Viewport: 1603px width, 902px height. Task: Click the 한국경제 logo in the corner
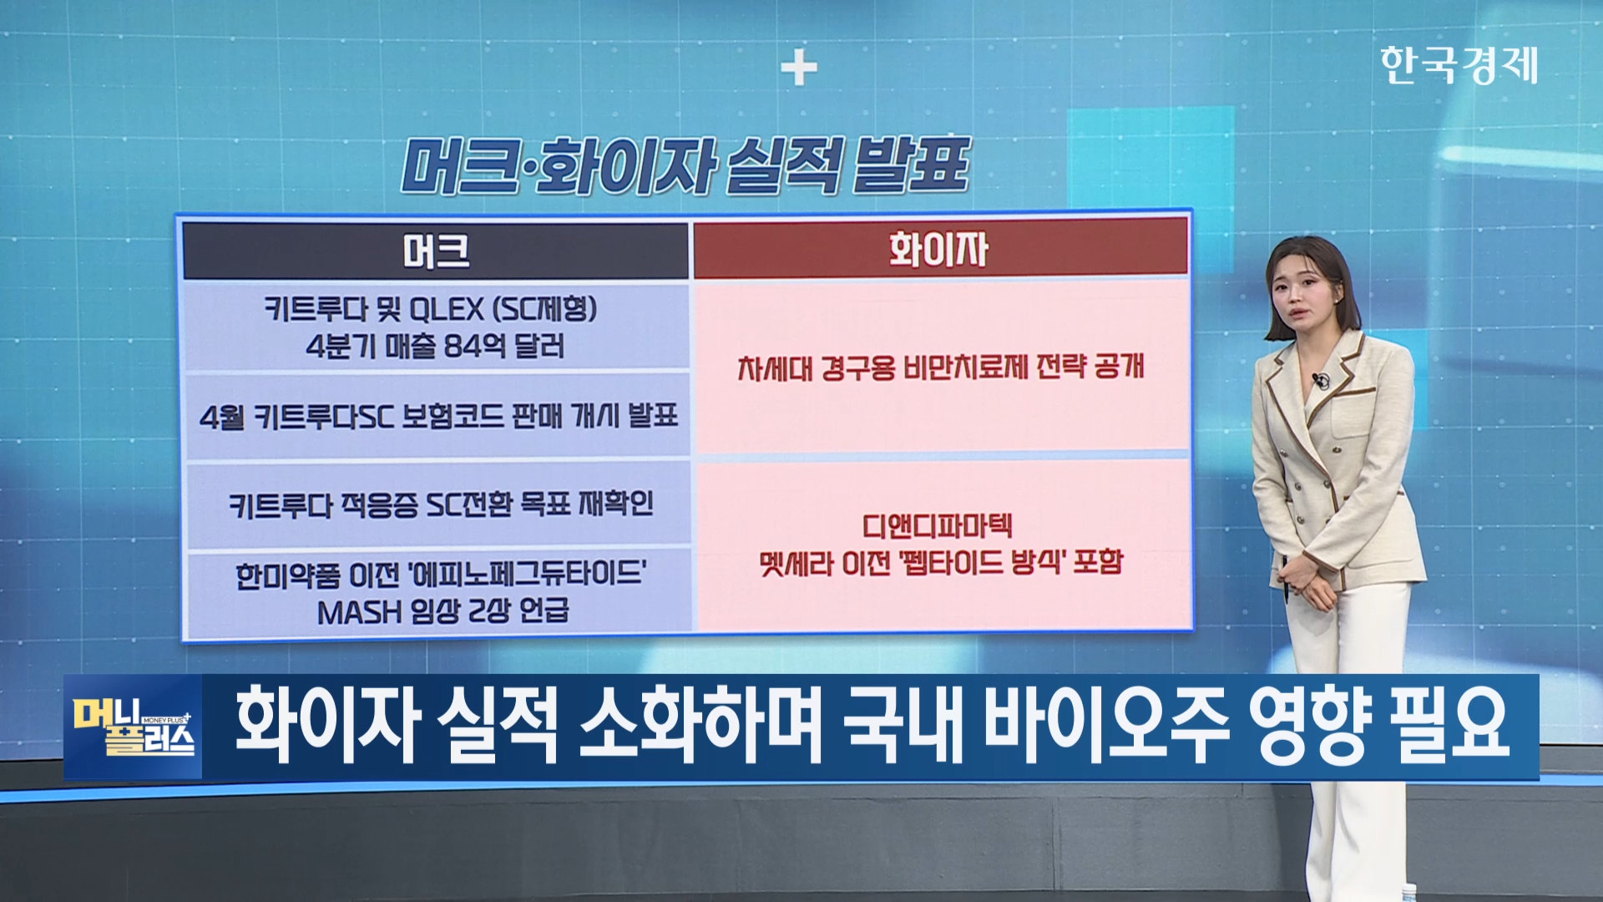[1459, 65]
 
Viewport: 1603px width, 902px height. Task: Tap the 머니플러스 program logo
[133, 727]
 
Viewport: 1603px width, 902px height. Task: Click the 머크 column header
[436, 251]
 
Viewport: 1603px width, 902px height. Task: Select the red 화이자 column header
[940, 249]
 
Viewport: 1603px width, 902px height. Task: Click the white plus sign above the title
[799, 68]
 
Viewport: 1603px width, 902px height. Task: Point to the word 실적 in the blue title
[784, 165]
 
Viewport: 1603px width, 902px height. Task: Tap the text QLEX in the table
[447, 310]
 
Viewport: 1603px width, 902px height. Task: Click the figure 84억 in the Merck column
[473, 345]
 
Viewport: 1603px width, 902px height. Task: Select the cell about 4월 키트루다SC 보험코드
[437, 416]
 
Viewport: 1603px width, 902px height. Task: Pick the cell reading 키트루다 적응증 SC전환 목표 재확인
[439, 504]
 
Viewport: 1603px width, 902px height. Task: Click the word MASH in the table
[359, 612]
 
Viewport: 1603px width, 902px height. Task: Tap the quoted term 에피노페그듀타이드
[528, 575]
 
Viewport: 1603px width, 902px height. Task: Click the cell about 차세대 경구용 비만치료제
[941, 367]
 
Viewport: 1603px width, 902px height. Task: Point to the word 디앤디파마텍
[938, 526]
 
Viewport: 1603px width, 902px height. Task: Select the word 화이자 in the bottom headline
[326, 724]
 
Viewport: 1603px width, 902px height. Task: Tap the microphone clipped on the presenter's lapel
[1319, 381]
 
